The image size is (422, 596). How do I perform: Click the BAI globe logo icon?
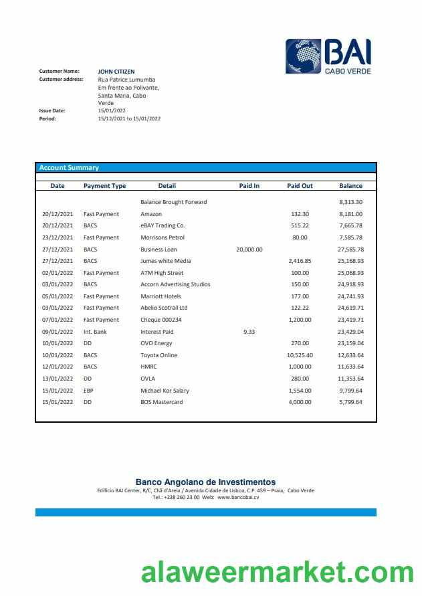click(x=303, y=56)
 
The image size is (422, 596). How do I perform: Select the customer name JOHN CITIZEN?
click(x=116, y=71)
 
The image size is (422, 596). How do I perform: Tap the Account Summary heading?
click(x=69, y=168)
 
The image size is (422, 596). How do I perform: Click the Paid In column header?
click(x=249, y=186)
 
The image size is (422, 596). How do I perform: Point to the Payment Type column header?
click(x=104, y=186)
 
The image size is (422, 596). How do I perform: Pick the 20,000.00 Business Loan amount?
click(x=249, y=250)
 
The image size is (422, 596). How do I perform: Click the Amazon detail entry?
click(x=151, y=214)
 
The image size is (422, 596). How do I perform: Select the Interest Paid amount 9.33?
click(x=249, y=332)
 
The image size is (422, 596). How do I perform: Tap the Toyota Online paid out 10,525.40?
click(x=300, y=355)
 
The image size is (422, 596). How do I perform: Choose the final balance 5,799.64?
click(x=350, y=402)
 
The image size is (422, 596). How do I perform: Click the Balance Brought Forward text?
click(x=173, y=202)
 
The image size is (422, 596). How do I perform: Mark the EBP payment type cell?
click(x=89, y=391)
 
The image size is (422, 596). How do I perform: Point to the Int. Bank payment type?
click(x=95, y=332)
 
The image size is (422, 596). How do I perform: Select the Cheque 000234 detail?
click(x=161, y=320)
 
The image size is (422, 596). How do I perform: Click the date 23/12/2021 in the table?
click(x=58, y=237)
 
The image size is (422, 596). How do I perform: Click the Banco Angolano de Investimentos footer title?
click(x=205, y=482)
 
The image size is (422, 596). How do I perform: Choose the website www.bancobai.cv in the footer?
click(x=238, y=497)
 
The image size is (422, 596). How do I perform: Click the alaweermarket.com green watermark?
click(x=277, y=573)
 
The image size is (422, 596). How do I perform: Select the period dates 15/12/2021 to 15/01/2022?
click(x=129, y=118)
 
